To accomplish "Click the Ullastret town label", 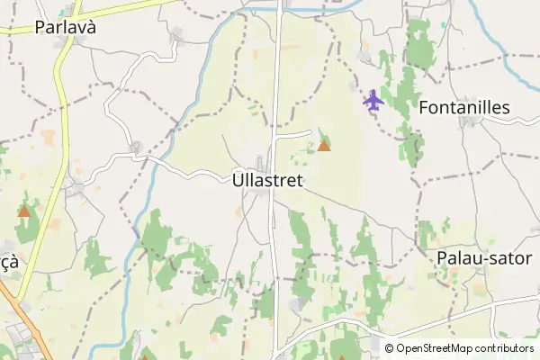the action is point(267,180).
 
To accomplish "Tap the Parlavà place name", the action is point(65,27).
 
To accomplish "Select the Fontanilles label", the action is point(464,108).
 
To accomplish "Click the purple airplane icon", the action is point(373,100).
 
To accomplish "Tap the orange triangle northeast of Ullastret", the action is point(324,145).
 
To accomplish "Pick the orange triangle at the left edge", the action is point(24,212).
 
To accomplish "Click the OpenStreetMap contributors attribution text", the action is point(466,348).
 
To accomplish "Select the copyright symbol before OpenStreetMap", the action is point(390,348).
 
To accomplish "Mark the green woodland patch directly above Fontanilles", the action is point(418,45).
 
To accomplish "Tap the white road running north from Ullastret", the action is point(276,81).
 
